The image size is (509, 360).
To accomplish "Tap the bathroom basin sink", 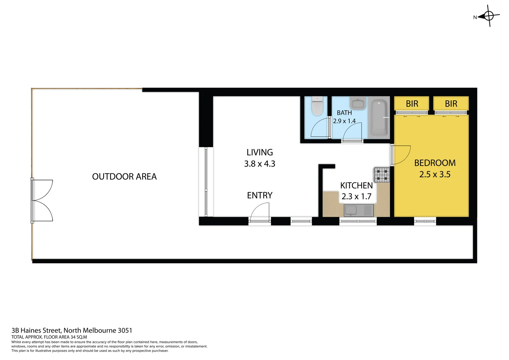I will click(358, 104).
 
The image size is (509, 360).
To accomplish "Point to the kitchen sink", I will click(359, 211).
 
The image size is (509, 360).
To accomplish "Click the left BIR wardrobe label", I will click(412, 104).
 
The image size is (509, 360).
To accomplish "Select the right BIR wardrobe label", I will click(451, 104).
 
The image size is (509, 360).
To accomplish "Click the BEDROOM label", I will click(435, 163).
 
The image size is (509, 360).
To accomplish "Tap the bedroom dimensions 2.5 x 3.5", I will click(435, 174).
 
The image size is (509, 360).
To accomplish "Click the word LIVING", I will click(260, 152).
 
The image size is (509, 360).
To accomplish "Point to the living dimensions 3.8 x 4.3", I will click(260, 164).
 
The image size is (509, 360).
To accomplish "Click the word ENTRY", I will click(260, 195).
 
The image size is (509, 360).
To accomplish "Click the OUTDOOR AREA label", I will click(124, 176).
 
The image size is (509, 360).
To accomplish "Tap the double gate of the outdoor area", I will click(42, 200).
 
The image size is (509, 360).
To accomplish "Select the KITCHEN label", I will click(356, 186).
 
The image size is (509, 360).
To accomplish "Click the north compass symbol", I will click(489, 16).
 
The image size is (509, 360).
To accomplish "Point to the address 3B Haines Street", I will click(72, 331).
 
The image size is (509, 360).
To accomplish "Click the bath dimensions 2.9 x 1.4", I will click(344, 121).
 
